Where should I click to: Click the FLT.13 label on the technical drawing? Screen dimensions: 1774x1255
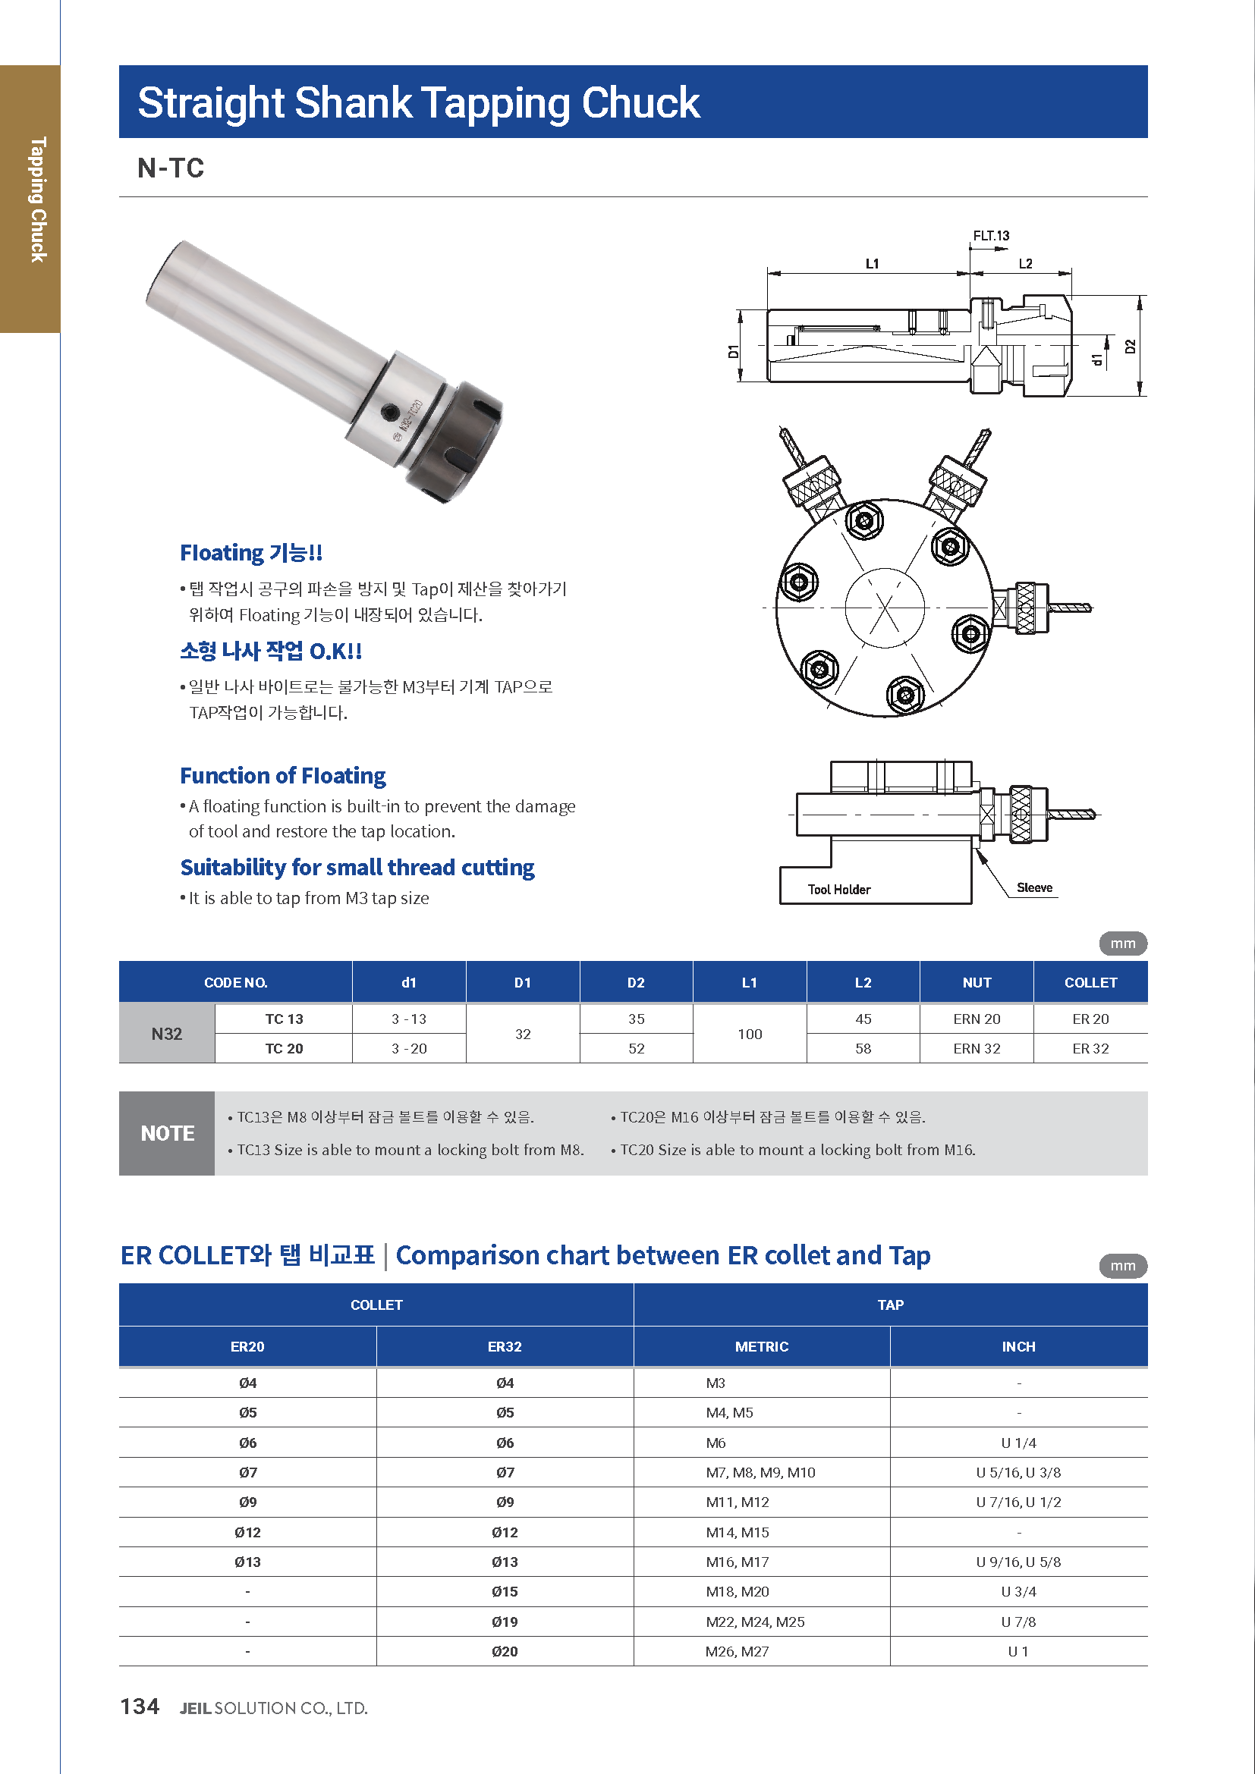991,236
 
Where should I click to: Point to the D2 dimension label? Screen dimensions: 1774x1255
1131,346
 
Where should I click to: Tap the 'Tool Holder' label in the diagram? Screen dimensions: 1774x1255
838,890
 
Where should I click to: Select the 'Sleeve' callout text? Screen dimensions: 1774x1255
1034,888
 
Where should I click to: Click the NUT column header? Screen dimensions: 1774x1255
976,983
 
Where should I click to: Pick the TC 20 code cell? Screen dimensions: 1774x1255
284,1048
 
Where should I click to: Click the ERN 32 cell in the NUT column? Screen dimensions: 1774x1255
976,1048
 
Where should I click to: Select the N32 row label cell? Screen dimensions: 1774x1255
167,1034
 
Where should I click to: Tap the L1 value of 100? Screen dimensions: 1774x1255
749,1034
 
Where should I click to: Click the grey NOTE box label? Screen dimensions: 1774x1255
167,1133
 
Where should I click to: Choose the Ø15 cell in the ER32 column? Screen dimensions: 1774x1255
505,1592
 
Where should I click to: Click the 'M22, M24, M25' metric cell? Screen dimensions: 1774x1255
755,1622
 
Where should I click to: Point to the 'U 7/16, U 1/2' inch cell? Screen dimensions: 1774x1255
1018,1502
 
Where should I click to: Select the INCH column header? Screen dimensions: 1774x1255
1018,1347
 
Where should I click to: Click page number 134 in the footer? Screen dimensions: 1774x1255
140,1706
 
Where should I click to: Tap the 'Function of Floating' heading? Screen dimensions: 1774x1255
283,776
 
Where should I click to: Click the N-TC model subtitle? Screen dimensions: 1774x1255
171,168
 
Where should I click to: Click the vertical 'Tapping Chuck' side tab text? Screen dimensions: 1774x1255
38,199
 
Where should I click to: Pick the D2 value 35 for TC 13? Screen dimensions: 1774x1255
636,1019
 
